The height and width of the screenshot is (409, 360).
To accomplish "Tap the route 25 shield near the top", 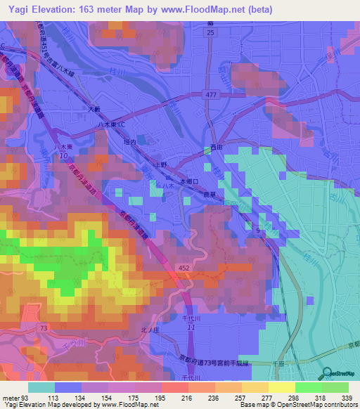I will point(210,32).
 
